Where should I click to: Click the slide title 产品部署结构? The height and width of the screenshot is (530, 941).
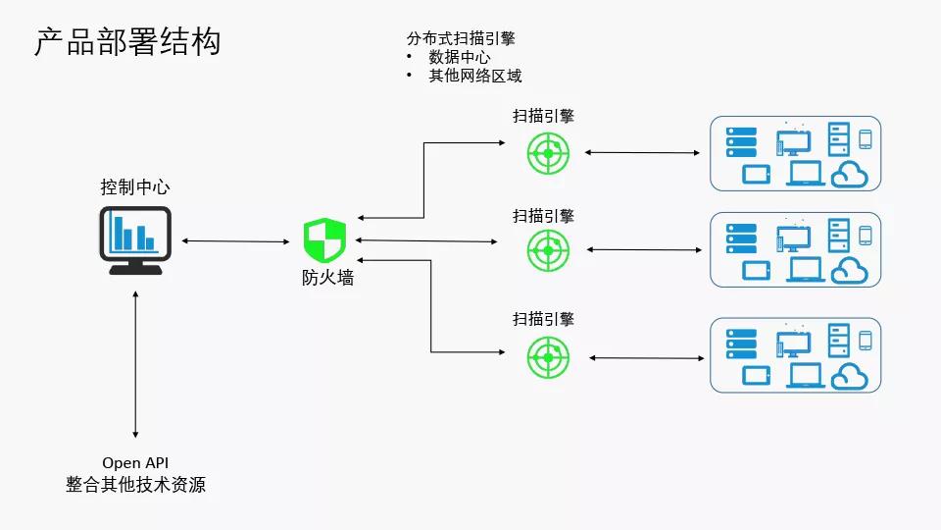click(127, 42)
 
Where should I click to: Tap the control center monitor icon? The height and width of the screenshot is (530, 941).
click(135, 240)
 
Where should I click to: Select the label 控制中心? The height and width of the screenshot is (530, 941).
click(135, 187)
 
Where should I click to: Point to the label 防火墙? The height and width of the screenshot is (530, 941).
click(326, 278)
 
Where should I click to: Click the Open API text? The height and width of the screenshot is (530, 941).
click(135, 462)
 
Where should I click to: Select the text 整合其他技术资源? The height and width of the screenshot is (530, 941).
click(135, 485)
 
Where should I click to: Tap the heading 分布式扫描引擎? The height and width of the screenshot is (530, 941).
click(461, 38)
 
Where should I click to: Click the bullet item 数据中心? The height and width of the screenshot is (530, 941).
click(459, 57)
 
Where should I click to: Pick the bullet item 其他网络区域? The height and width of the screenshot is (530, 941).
click(474, 76)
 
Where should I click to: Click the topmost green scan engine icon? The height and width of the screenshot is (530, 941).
click(548, 152)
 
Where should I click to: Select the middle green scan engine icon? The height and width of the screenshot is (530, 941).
click(548, 250)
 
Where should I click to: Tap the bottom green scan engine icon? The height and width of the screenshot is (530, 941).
click(548, 356)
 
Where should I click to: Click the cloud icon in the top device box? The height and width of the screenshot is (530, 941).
click(850, 175)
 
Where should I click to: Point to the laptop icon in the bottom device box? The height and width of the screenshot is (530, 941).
click(805, 375)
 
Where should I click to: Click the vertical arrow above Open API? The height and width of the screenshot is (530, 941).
click(135, 363)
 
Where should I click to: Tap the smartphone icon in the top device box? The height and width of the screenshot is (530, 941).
click(866, 139)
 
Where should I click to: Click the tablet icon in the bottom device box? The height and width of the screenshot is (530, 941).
click(756, 375)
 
